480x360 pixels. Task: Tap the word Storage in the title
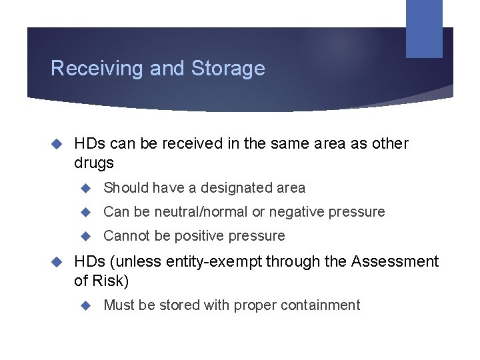pyautogui.click(x=228, y=69)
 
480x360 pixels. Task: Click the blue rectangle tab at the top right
pyautogui.click(x=424, y=28)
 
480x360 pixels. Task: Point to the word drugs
pyautogui.click(x=94, y=163)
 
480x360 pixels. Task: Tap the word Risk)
pyautogui.click(x=111, y=281)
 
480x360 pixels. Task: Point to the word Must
pyautogui.click(x=119, y=305)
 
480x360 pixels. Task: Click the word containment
pyautogui.click(x=321, y=305)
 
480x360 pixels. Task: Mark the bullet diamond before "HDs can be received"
pyautogui.click(x=57, y=143)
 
